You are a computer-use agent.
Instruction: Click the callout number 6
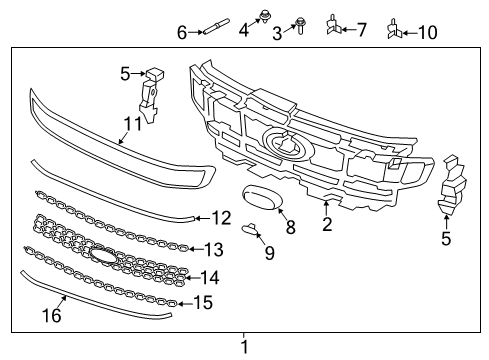point(182,33)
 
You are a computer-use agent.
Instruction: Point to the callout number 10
point(427,32)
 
